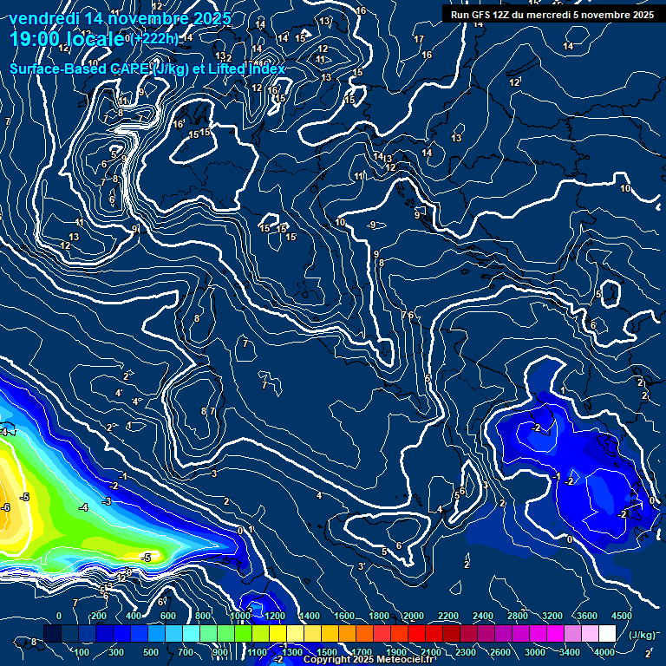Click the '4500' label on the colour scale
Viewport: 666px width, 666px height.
point(622,616)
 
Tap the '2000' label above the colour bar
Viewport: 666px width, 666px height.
point(413,616)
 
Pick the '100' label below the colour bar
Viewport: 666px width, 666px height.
point(82,652)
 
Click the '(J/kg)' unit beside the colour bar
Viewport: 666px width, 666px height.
point(642,635)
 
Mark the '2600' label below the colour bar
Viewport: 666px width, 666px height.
point(499,652)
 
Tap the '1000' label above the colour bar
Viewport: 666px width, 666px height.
point(239,616)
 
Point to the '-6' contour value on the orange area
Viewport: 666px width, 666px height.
point(5,507)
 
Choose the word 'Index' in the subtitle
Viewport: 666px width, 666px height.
point(264,69)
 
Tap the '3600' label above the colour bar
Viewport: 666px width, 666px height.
point(586,616)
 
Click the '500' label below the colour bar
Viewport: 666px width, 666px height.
point(151,652)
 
